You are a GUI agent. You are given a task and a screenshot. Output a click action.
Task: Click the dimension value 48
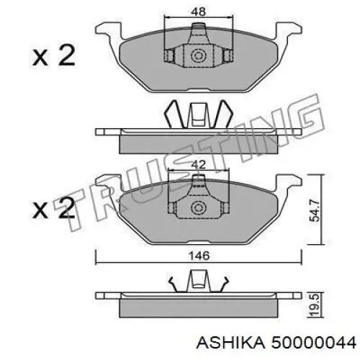click(197, 12)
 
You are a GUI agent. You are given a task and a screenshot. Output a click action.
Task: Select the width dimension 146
click(197, 255)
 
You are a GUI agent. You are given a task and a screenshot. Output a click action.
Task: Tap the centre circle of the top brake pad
click(197, 55)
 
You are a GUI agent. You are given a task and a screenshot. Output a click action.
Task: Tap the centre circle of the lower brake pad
click(197, 209)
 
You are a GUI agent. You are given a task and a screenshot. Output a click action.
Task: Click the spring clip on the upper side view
click(197, 116)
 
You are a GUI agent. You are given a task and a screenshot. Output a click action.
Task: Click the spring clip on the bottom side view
click(197, 282)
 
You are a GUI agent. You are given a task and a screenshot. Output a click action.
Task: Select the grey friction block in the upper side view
click(197, 143)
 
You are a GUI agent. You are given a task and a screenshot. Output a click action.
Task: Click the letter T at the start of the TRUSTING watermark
click(83, 205)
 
